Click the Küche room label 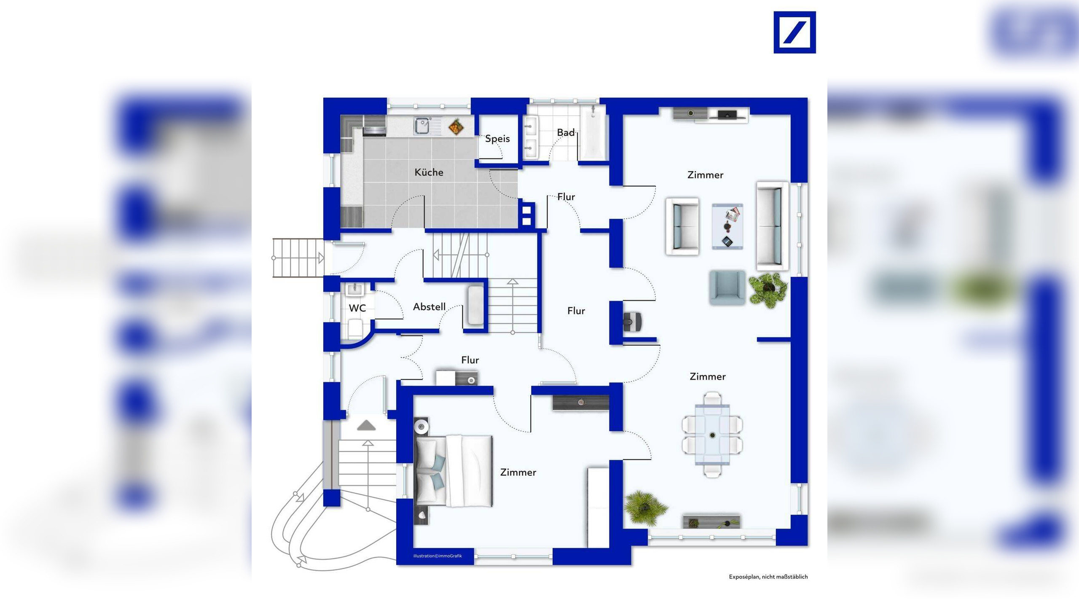point(429,172)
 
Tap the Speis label point(497,139)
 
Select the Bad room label point(566,132)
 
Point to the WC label point(357,308)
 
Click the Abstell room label point(429,307)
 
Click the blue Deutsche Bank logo point(794,32)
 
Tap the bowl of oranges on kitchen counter point(456,126)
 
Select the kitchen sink point(422,126)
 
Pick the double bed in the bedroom point(454,470)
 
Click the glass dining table point(712,435)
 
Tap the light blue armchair point(727,287)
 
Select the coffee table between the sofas point(727,226)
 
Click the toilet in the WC point(355,328)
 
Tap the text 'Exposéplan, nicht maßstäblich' point(768,577)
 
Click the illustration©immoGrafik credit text point(438,556)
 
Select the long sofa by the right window point(772,226)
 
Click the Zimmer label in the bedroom point(518,473)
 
